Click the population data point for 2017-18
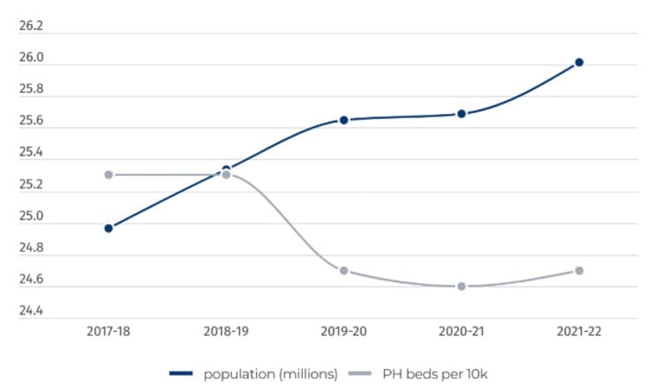(109, 228)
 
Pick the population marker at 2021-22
(579, 62)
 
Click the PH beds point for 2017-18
(109, 175)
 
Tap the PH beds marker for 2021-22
(579, 270)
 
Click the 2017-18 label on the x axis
(109, 331)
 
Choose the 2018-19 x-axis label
(226, 331)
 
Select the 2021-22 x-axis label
(579, 331)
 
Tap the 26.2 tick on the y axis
(31, 26)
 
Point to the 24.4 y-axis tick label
(31, 312)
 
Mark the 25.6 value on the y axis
(31, 122)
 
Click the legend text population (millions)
(270, 373)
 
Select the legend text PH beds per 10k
(434, 373)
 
